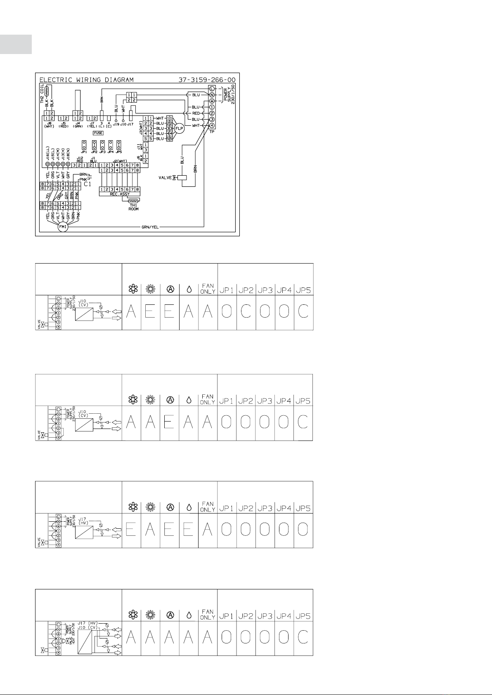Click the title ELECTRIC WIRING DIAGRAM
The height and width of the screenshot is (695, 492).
click(x=86, y=80)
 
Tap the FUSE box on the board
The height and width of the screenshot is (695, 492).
click(x=98, y=133)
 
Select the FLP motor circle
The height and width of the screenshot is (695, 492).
click(x=180, y=128)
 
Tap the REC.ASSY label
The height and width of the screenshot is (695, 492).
click(x=120, y=194)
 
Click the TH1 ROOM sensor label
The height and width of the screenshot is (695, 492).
click(x=133, y=207)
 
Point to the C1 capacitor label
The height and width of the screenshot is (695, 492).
click(x=87, y=184)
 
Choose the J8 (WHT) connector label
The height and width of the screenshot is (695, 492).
click(x=49, y=125)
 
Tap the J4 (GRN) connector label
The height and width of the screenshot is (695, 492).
click(x=78, y=125)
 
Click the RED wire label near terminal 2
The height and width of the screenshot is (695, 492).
click(x=196, y=113)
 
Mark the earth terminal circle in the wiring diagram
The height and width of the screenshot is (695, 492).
click(x=212, y=101)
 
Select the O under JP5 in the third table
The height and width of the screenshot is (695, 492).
click(x=303, y=530)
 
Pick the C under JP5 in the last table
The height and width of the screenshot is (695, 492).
click(x=303, y=638)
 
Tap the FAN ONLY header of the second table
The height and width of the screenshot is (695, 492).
click(x=208, y=400)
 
